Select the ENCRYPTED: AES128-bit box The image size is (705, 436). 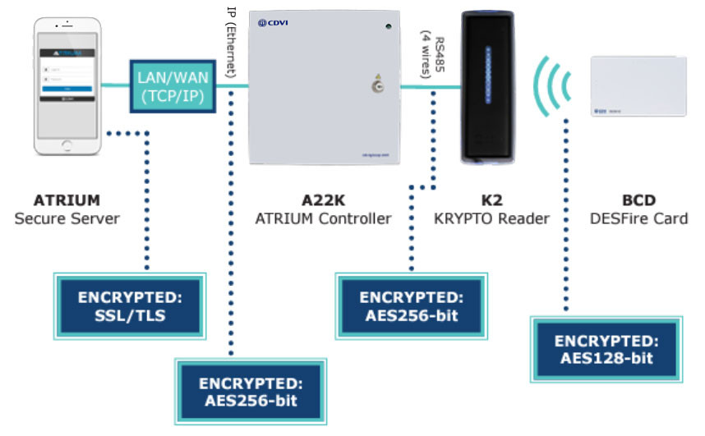[x=607, y=349]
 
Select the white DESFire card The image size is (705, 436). [x=638, y=88]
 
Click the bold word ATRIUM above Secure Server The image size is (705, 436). [x=67, y=200]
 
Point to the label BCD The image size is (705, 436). [x=638, y=200]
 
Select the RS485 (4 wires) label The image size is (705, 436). [x=432, y=54]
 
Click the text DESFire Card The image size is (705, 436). [x=638, y=218]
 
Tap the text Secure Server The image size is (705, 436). [x=66, y=218]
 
